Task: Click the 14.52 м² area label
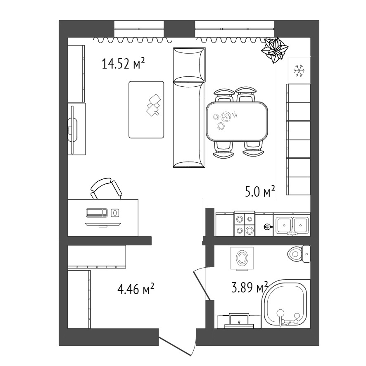pos(124,64)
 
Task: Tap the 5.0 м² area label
pos(260,192)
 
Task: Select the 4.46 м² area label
pos(136,289)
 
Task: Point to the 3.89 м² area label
pos(250,287)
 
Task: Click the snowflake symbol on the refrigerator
pos(299,71)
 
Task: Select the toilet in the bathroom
pos(299,254)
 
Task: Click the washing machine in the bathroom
pos(241,259)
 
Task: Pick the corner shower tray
pos(286,304)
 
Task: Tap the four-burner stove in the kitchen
pos(245,224)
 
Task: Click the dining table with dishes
pos(237,121)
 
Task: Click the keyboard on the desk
pos(97,213)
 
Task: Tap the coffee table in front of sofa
pos(146,110)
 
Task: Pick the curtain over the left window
pos(133,40)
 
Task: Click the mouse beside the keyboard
pos(115,213)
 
